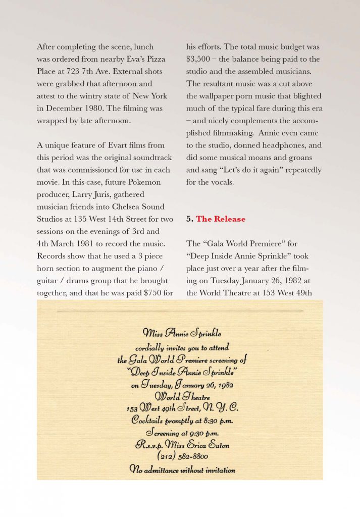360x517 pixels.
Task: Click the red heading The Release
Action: tap(221, 219)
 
